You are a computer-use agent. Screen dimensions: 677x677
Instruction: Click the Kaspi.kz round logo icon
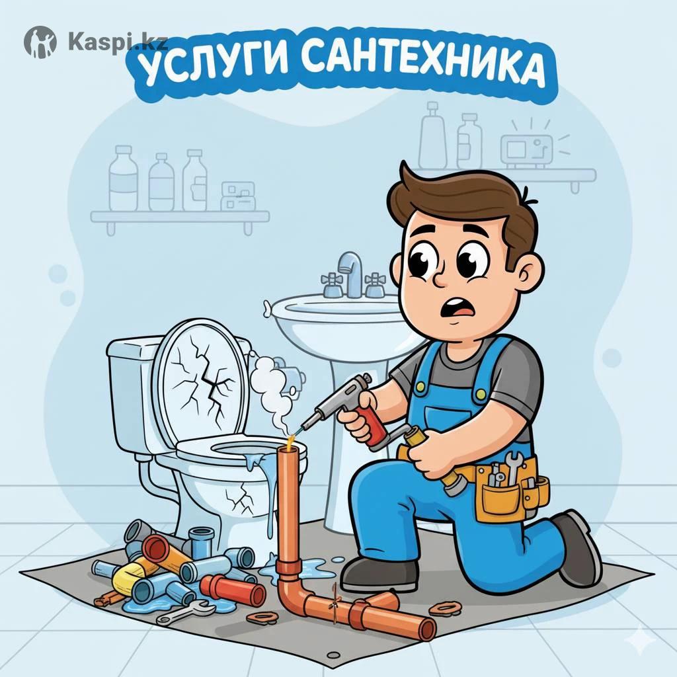40,42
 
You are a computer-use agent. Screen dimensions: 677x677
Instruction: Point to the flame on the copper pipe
291,440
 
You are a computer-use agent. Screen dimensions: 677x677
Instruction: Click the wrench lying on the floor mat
186,612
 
